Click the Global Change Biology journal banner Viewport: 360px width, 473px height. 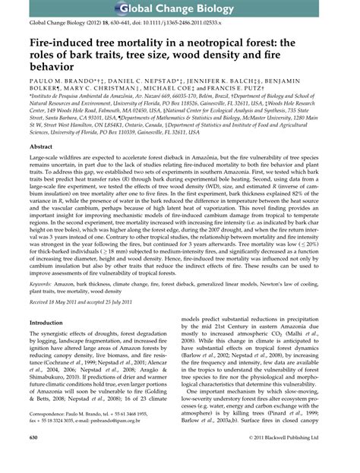[180, 9]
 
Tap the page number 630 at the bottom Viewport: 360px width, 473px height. [34, 460]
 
